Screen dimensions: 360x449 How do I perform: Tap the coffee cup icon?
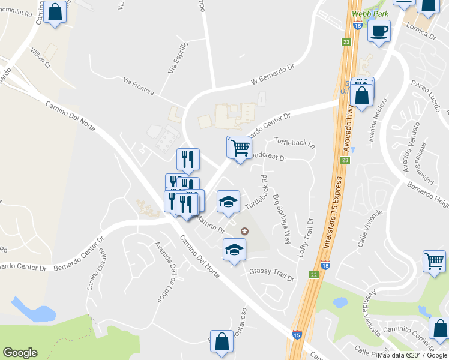pyautogui.click(x=379, y=31)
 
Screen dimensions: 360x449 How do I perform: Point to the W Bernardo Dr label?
pyautogui.click(x=274, y=76)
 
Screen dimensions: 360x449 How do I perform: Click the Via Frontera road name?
pyautogui.click(x=138, y=86)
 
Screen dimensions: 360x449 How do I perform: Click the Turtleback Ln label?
pyautogui.click(x=294, y=142)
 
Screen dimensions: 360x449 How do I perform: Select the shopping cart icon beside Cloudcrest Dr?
pyautogui.click(x=239, y=146)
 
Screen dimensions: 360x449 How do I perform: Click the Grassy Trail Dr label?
pyautogui.click(x=272, y=274)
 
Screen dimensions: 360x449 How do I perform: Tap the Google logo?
pyautogui.click(x=20, y=353)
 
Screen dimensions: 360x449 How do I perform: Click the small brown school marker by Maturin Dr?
pyautogui.click(x=244, y=232)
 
